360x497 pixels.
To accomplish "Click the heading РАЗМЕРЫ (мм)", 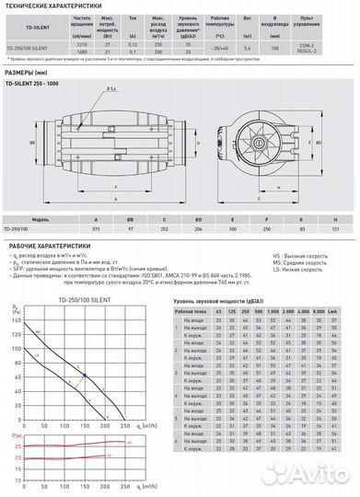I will (28, 70).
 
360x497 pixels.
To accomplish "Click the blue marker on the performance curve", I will (84, 375).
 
